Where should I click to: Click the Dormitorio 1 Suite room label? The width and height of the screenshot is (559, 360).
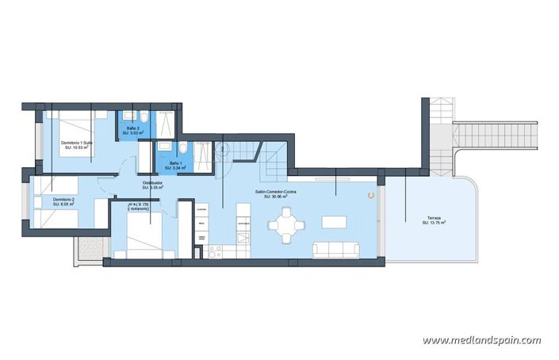[x=78, y=143]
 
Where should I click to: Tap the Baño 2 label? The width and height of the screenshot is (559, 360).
[x=132, y=128]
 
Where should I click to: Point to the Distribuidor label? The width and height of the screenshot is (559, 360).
[x=153, y=183]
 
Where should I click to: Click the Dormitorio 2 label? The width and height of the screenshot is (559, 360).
[x=63, y=199]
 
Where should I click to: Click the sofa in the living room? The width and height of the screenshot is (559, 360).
[x=337, y=250]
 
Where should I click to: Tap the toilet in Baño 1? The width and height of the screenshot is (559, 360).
[x=183, y=148]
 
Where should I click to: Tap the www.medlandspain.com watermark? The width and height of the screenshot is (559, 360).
[x=481, y=340]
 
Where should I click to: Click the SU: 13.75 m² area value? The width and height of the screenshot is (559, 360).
[x=433, y=224]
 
